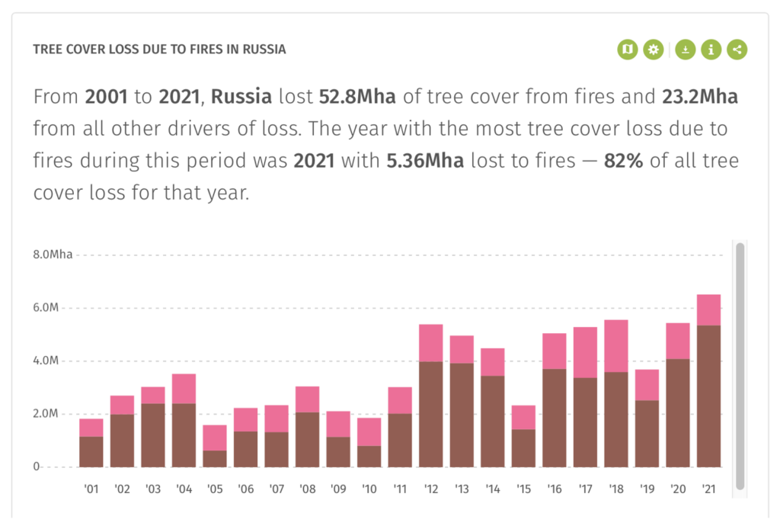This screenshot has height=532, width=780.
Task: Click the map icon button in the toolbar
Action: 627,50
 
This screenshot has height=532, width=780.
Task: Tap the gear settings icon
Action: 654,50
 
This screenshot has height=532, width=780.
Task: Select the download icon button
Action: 686,50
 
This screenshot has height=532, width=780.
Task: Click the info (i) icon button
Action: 711,50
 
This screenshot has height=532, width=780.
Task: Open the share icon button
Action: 737,50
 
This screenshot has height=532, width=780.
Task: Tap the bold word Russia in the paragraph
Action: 241,98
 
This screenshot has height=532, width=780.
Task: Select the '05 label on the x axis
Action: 215,488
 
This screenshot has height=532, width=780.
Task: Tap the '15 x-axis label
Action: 523,488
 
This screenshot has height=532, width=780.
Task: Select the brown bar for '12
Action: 430,414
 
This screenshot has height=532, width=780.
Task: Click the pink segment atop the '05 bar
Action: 215,437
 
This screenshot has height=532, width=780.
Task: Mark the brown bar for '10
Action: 369,457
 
